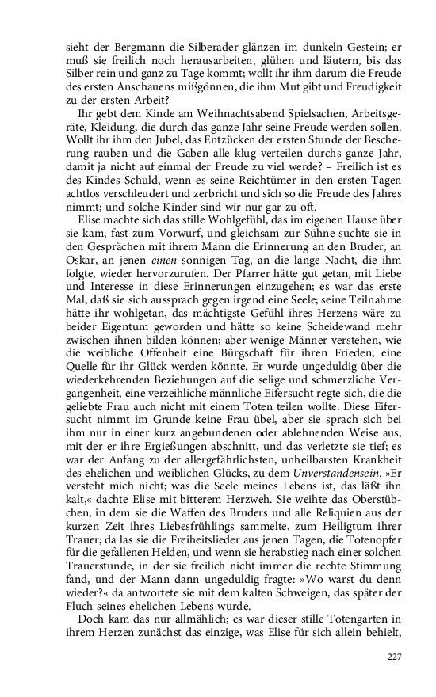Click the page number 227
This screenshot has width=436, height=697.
coord(394,656)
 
